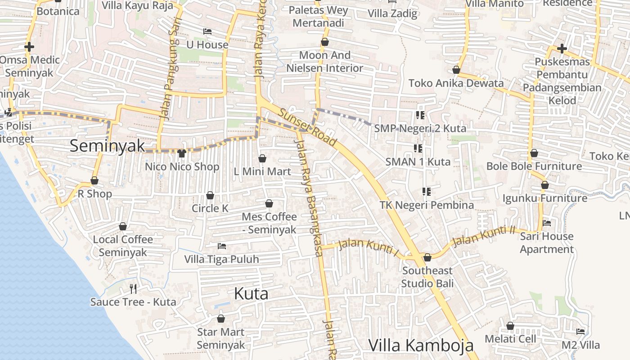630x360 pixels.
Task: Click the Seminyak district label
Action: pyautogui.click(x=108, y=146)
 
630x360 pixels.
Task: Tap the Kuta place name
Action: pyautogui.click(x=251, y=294)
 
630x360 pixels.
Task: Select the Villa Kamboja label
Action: pyautogui.click(x=421, y=345)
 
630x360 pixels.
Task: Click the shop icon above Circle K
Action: pyautogui.click(x=210, y=195)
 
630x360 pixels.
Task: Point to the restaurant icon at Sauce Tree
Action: pyautogui.click(x=133, y=288)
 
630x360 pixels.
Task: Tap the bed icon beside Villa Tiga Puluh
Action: pyautogui.click(x=221, y=246)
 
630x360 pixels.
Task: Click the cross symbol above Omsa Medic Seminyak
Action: pyautogui.click(x=29, y=46)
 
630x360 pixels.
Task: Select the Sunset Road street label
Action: pyautogui.click(x=307, y=128)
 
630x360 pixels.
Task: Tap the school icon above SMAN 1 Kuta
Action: pyautogui.click(x=418, y=148)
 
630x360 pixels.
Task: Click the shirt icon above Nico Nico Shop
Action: pyautogui.click(x=182, y=153)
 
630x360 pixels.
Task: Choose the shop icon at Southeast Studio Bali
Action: pyautogui.click(x=427, y=257)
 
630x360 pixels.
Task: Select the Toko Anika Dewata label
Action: pyautogui.click(x=456, y=83)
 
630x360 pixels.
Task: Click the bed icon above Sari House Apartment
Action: pyautogui.click(x=547, y=223)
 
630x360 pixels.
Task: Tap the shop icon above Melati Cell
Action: pyautogui.click(x=510, y=325)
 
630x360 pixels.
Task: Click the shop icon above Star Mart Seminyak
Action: pyautogui.click(x=221, y=319)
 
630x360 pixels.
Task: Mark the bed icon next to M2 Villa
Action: pyautogui.click(x=580, y=332)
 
